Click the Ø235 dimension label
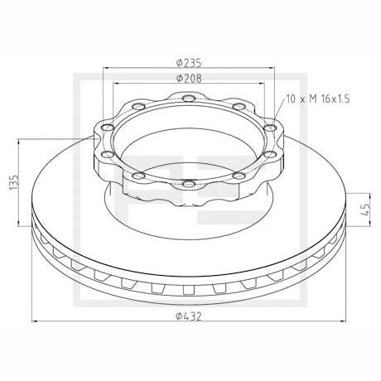coord(189,63)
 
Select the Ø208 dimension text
coord(189,79)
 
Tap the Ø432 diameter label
coord(189,316)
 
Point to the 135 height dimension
coord(14,182)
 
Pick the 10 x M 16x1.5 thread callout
coord(318,99)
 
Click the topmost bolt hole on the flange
coord(189,98)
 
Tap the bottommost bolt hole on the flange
coord(189,183)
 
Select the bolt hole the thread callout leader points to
coord(270,128)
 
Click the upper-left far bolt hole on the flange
coord(139,106)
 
